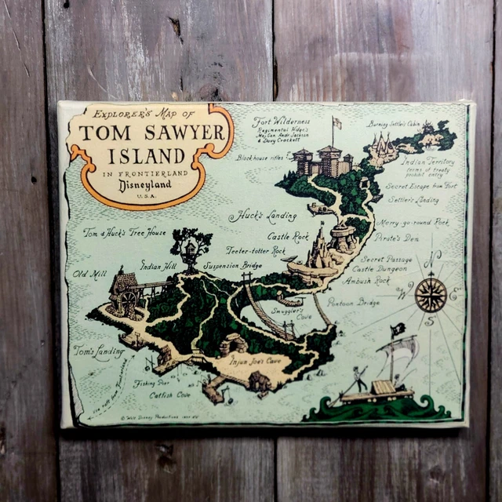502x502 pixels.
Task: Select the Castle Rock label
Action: point(288,235)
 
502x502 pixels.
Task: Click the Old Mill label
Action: point(87,274)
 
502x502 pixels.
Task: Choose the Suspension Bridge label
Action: point(233,265)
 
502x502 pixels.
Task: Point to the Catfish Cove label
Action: point(173,395)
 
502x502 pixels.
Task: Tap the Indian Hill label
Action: point(157,266)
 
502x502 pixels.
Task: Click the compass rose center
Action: point(430,294)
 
